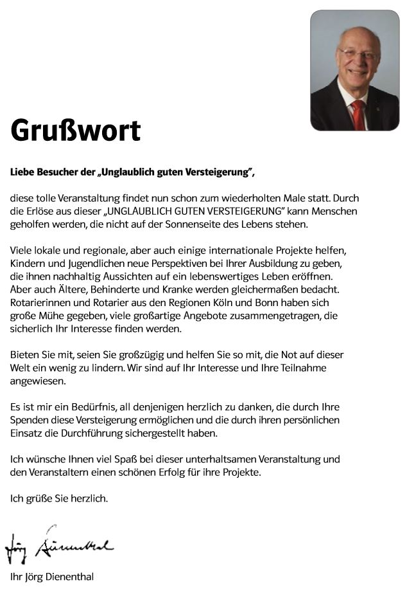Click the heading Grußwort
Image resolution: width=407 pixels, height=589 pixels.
click(75, 131)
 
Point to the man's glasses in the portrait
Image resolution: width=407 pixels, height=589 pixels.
click(358, 54)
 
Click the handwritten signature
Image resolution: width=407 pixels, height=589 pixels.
click(61, 546)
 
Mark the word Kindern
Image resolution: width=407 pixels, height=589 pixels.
click(28, 264)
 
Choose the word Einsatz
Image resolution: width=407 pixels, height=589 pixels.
click(26, 433)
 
